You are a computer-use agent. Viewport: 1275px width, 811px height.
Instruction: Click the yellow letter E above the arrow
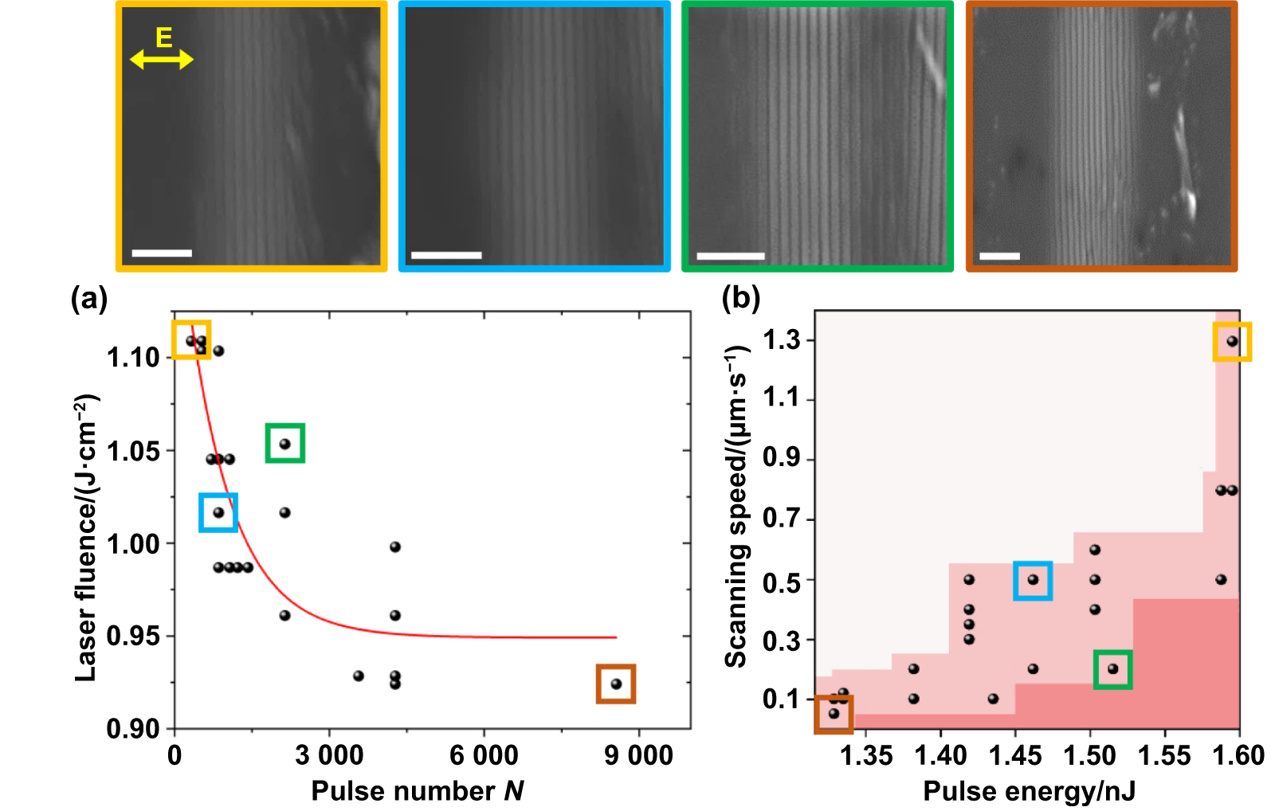point(163,37)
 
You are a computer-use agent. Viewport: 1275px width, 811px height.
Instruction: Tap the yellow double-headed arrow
point(162,59)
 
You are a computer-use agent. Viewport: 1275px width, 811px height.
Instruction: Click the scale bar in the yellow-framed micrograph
point(162,253)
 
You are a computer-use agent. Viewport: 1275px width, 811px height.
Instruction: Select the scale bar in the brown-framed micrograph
point(999,256)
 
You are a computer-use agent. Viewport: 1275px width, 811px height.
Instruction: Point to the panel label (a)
point(88,300)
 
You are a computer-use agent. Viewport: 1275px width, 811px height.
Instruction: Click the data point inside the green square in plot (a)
point(284,444)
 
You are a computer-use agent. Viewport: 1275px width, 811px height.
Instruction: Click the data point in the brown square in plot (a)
point(615,684)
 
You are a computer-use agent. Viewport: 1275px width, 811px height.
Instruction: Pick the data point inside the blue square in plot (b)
point(1033,580)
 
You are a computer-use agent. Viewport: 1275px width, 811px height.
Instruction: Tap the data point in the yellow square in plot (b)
point(1232,341)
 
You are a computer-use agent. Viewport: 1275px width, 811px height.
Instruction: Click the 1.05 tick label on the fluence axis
point(133,451)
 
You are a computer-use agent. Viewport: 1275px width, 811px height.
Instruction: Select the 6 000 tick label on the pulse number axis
point(484,755)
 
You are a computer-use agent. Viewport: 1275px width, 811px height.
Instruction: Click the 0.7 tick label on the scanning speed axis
point(781,519)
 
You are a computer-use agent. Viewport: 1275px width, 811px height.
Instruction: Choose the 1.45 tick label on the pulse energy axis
point(1014,755)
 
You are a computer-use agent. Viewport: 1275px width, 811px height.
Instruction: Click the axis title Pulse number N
point(417,791)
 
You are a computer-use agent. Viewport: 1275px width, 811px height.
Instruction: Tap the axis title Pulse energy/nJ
point(1029,791)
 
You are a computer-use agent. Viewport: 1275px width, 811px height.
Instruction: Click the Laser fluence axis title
point(85,538)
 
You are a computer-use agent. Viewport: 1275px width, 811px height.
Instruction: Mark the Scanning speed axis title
point(736,507)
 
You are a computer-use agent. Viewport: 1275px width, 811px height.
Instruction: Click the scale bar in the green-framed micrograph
point(730,256)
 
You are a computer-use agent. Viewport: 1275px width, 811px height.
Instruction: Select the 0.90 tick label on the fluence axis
point(133,729)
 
